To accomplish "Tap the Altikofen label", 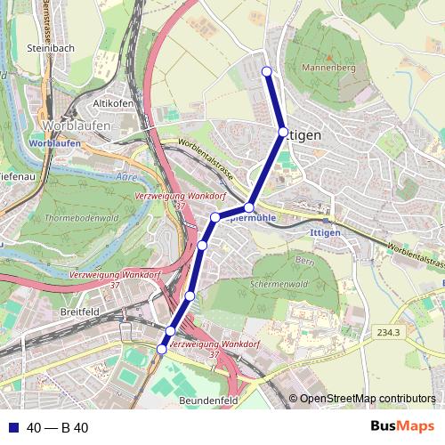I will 112,103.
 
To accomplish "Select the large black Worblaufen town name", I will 77,125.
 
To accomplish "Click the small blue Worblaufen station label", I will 48,143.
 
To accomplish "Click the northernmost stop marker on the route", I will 267,71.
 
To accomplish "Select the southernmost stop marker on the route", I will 161,350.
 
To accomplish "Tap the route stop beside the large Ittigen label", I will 283,132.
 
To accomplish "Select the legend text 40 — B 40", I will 57,428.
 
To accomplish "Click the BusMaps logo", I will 403,427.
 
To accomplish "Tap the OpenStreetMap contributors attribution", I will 368,399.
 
